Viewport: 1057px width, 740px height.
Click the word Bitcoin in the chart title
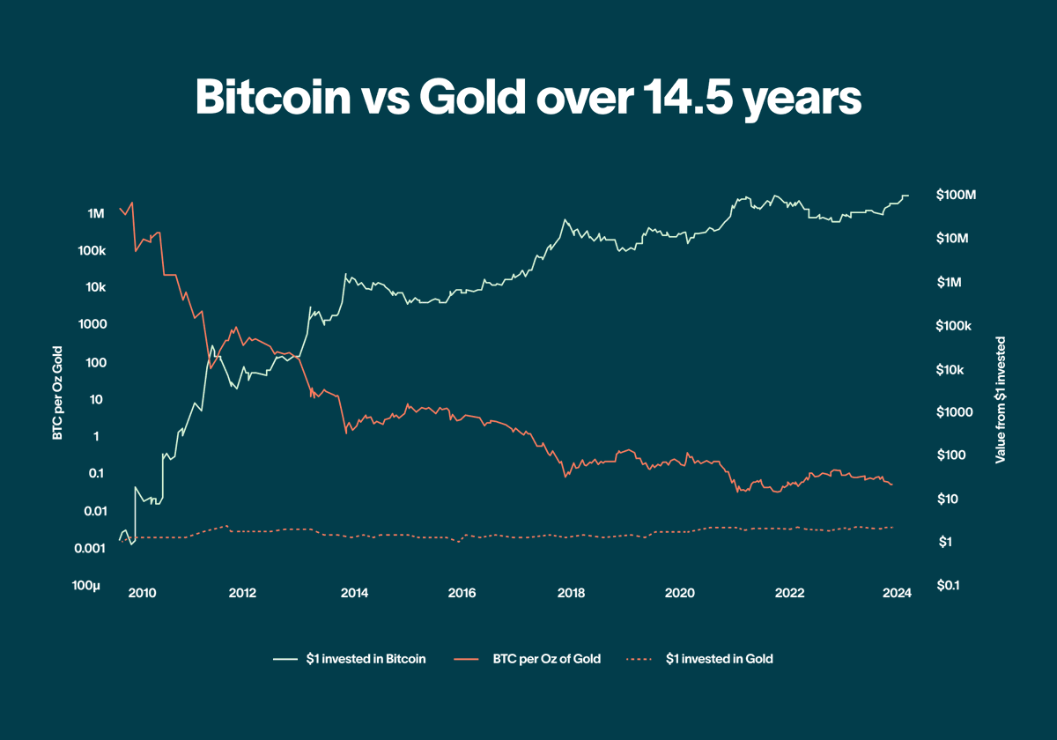point(270,97)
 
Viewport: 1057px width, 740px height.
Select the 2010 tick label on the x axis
point(143,592)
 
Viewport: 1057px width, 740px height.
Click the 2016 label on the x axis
point(462,592)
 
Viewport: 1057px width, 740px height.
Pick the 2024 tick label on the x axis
point(897,592)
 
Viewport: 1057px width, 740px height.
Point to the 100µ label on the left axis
point(88,585)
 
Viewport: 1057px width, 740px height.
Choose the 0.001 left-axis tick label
point(89,548)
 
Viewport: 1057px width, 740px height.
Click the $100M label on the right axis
point(957,195)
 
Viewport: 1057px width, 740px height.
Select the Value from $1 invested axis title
point(1001,399)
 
